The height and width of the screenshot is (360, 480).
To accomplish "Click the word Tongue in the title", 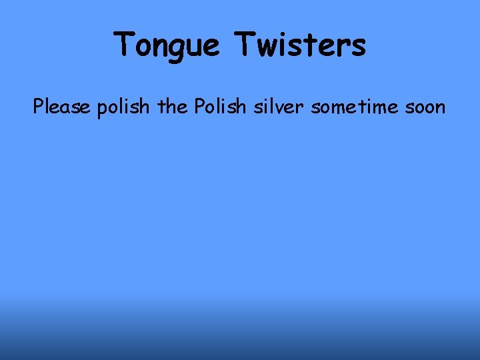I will (x=167, y=45).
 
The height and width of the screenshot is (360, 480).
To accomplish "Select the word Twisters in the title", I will (x=300, y=45).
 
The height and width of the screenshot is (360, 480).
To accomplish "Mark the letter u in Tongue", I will (x=195, y=47).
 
